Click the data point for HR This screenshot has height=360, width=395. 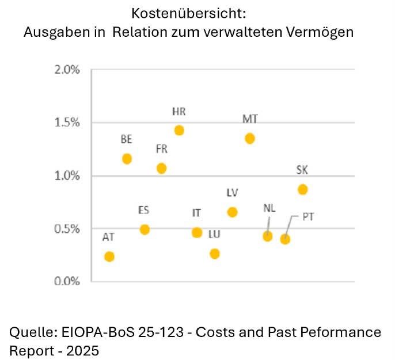click(179, 131)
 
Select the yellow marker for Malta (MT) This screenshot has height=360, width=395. click(250, 139)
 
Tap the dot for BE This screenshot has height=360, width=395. click(127, 159)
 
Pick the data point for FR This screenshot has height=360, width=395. click(162, 168)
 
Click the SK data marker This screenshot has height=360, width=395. click(303, 189)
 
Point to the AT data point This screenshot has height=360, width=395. click(109, 256)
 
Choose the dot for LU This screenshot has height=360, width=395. click(215, 254)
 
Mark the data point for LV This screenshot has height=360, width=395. click(233, 212)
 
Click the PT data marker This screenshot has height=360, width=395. click(285, 239)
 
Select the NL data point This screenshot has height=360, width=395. click(267, 236)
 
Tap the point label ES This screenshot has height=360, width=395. click(144, 210)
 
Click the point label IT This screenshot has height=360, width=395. click(196, 213)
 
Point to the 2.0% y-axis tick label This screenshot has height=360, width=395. click(67, 70)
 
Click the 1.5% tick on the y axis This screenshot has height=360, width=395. click(67, 123)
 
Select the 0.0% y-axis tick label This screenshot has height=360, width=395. click(67, 282)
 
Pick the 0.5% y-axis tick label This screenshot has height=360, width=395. click(67, 229)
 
